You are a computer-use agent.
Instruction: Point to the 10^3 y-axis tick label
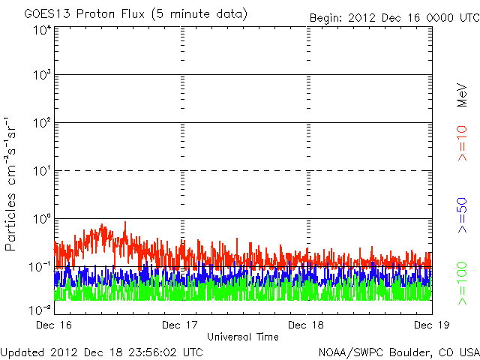tap(41, 76)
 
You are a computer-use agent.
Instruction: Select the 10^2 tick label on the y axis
tap(41, 124)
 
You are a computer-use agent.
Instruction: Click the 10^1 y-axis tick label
tap(41, 172)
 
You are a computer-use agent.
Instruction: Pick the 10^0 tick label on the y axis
tap(41, 220)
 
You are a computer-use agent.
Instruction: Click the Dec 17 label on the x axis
tap(181, 325)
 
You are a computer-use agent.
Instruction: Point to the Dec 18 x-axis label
tap(307, 325)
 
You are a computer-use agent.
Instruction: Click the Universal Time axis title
tap(243, 337)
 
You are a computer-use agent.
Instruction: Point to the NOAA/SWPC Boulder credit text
tap(398, 351)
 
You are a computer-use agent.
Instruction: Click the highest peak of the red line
tap(124, 223)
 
